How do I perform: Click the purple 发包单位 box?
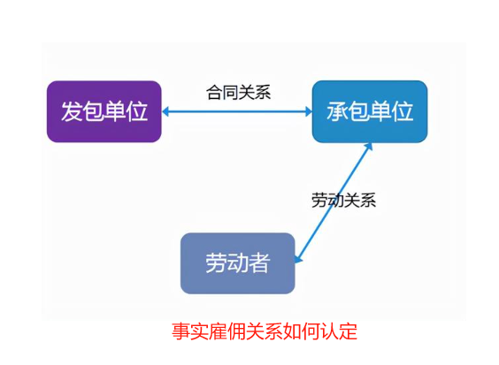(x=104, y=111)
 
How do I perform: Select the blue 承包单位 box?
(x=370, y=111)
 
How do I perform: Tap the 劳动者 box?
(x=238, y=263)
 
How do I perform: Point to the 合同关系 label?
(x=239, y=93)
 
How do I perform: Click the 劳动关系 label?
(x=343, y=201)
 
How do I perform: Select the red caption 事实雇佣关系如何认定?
(x=265, y=331)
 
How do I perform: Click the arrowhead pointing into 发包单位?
(x=165, y=111)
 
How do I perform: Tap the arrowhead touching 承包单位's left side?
(x=309, y=111)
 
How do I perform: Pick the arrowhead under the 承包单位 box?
(x=368, y=147)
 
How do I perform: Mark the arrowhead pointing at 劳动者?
(x=298, y=259)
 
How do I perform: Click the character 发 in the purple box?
(x=72, y=111)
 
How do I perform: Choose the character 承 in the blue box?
(x=337, y=111)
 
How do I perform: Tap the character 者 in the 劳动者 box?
(x=259, y=263)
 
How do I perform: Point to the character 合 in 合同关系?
(x=214, y=93)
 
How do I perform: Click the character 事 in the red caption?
(x=181, y=331)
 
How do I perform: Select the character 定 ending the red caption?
(x=349, y=331)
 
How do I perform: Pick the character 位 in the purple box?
(x=137, y=111)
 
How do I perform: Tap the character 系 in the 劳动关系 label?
(x=368, y=201)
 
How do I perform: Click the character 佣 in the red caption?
(x=237, y=331)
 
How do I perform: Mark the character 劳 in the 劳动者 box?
(x=216, y=263)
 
